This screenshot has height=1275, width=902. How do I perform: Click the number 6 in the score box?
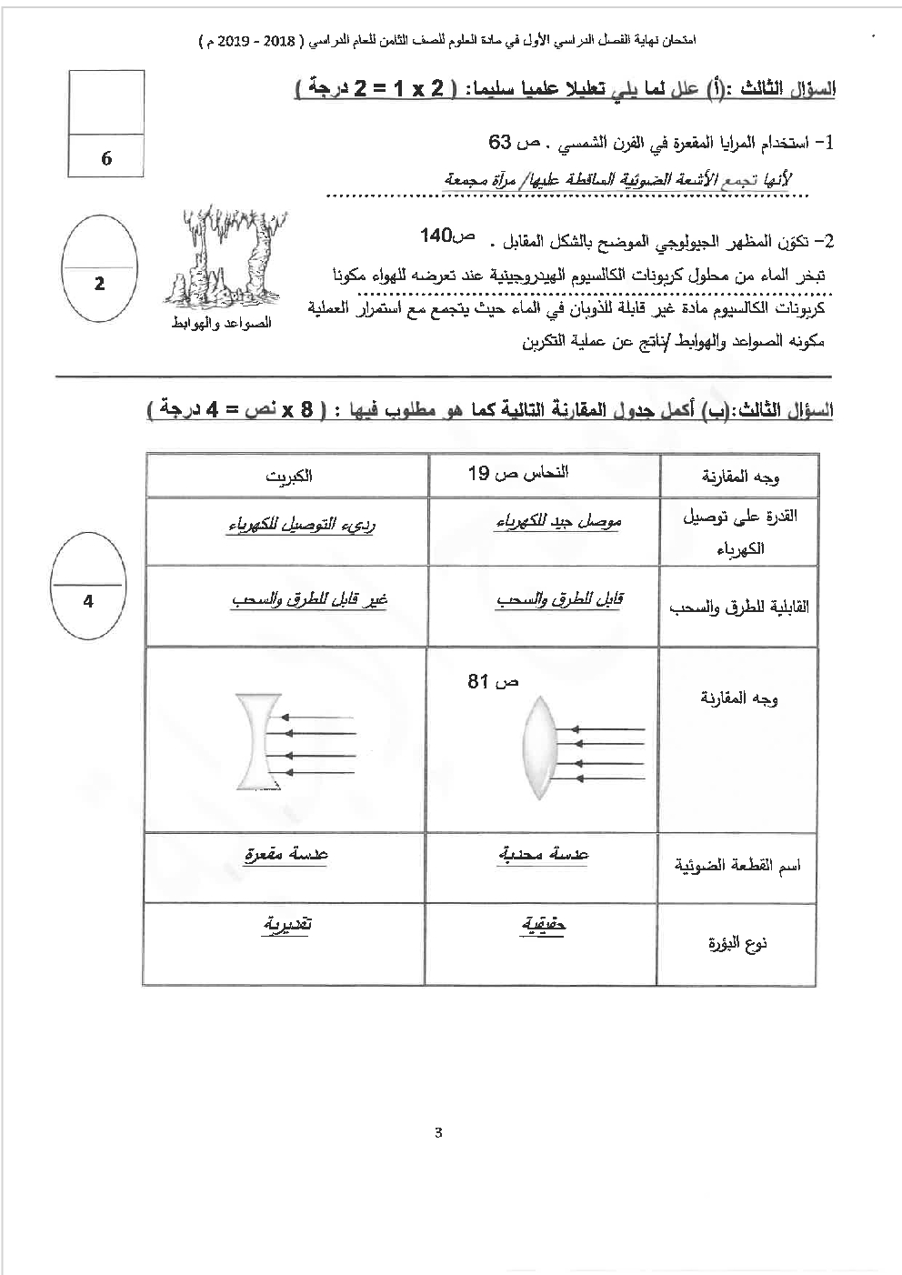(x=106, y=158)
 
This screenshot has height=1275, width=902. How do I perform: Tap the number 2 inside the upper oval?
(x=99, y=284)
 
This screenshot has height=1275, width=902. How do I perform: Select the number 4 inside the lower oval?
(x=88, y=601)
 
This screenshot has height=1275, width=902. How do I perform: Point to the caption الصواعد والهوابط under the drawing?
(x=221, y=324)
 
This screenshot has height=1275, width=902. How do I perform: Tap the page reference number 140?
(x=436, y=236)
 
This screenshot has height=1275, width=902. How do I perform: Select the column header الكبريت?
(x=289, y=477)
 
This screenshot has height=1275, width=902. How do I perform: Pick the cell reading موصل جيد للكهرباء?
(x=557, y=522)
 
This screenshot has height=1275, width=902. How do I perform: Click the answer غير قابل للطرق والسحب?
(x=309, y=600)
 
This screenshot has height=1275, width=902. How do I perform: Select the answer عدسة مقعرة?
(x=286, y=854)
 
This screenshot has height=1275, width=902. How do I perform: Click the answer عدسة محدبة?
(x=544, y=854)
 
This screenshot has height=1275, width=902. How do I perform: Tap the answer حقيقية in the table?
(x=544, y=924)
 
